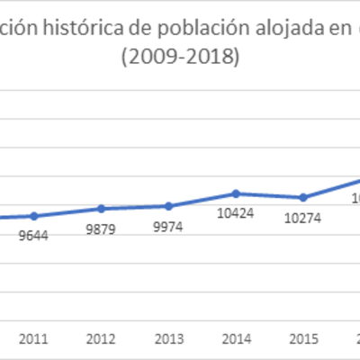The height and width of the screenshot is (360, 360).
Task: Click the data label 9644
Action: click(34, 237)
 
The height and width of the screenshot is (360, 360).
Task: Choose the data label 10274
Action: click(303, 218)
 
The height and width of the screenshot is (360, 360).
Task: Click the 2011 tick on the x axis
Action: click(34, 339)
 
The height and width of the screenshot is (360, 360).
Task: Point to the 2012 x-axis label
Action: click(102, 339)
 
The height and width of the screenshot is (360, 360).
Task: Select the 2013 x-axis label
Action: click(168, 339)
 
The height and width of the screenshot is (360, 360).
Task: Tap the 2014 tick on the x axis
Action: click(237, 339)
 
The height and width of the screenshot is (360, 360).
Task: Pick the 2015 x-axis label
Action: click(303, 339)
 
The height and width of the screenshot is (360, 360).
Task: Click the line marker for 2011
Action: click(34, 216)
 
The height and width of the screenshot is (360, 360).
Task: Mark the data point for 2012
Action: click(102, 208)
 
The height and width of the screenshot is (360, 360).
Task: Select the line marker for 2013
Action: click(168, 205)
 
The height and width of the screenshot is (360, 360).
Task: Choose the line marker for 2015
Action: click(303, 197)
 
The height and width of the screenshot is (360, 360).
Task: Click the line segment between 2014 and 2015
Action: click(270, 195)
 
